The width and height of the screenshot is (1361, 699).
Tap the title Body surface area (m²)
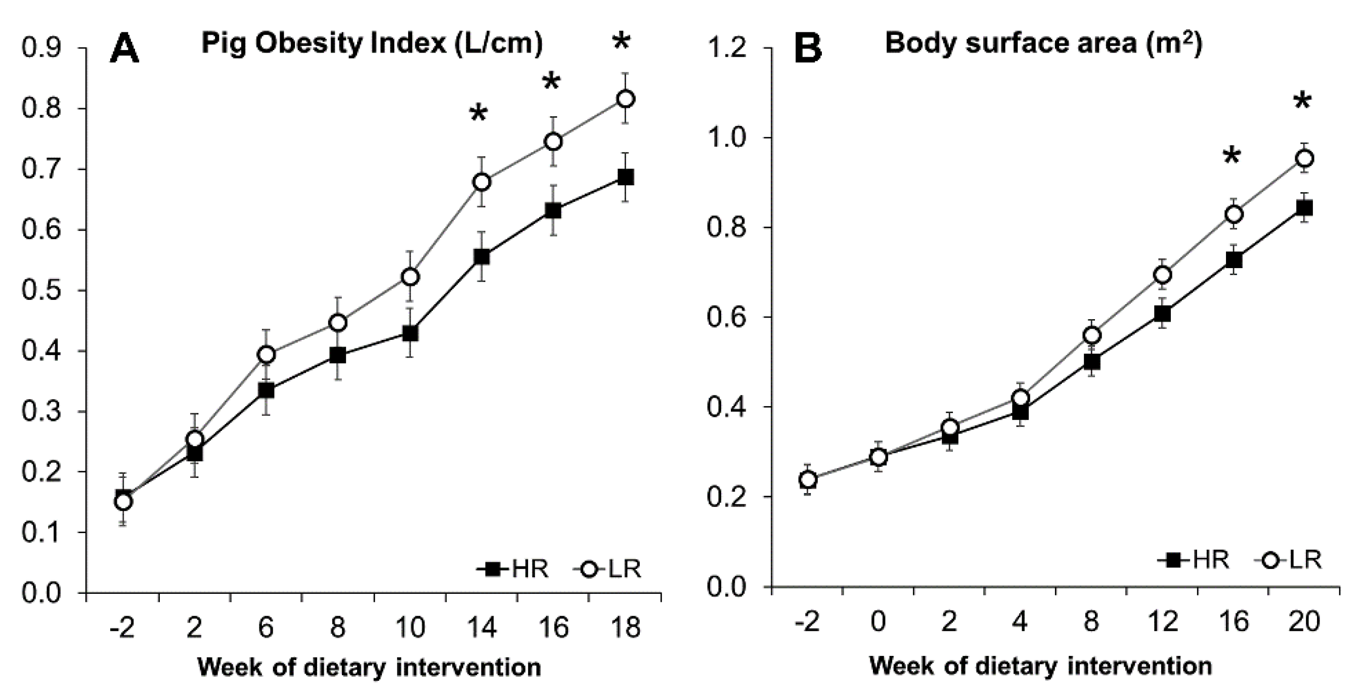tap(1043, 42)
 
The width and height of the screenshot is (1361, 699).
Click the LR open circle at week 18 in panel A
tap(625, 99)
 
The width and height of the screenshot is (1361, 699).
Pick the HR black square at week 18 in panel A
tap(625, 177)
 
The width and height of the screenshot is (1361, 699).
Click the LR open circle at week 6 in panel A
tap(266, 355)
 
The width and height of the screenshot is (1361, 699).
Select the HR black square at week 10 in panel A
tap(410, 333)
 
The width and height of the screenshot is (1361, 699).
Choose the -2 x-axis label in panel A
tap(123, 628)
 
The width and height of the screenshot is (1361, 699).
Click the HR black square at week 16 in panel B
tap(1234, 260)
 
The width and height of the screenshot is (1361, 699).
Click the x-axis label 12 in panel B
tap(1162, 622)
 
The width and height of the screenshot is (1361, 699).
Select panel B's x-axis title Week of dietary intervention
tap(1040, 666)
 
